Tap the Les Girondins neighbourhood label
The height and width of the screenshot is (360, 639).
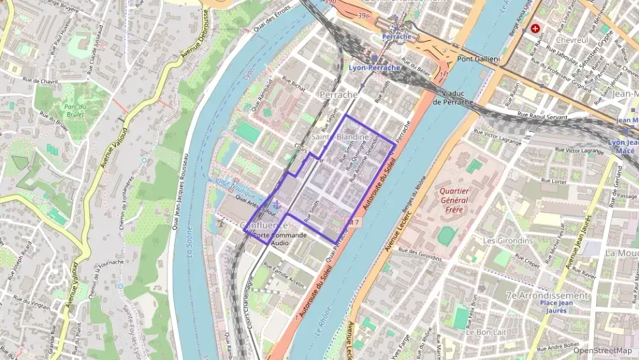tap(507, 241)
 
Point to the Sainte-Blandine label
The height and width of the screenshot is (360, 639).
tap(340, 137)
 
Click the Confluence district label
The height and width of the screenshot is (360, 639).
tap(264, 225)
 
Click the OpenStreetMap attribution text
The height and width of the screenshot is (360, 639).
tap(603, 350)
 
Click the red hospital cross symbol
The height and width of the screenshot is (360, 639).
tap(535, 29)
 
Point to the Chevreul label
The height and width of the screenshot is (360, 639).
tap(573, 40)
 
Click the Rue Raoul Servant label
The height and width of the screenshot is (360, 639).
tap(543, 116)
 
